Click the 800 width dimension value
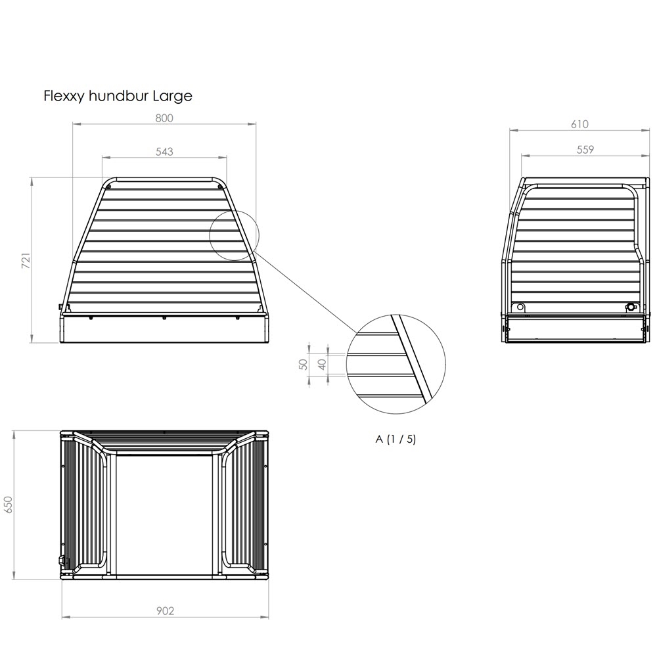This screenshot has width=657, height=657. click(x=164, y=118)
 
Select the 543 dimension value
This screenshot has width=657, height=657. click(x=164, y=152)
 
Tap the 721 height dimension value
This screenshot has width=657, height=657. click(x=26, y=260)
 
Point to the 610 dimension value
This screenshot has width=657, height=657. click(x=579, y=124)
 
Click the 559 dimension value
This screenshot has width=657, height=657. click(x=585, y=150)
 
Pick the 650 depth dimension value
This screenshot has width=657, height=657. click(x=9, y=505)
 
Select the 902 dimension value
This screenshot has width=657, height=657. click(x=165, y=611)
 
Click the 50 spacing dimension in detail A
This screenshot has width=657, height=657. click(x=304, y=365)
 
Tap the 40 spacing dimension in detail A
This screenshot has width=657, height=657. click(x=322, y=365)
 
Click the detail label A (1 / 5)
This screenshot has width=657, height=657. click(x=396, y=439)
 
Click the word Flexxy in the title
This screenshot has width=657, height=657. click(x=64, y=97)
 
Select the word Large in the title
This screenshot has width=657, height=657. click(x=172, y=97)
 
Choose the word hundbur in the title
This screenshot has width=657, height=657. click(x=119, y=96)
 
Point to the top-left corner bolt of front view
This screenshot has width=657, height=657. click(x=108, y=187)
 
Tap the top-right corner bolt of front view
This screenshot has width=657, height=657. click(x=219, y=187)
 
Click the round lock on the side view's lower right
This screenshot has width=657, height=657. click(x=630, y=307)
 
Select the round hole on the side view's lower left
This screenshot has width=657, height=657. click(x=520, y=307)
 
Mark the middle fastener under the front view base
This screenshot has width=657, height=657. click(x=164, y=318)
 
